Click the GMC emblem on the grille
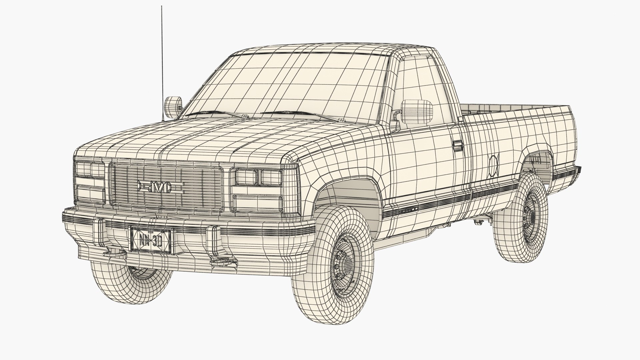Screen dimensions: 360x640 (161, 188)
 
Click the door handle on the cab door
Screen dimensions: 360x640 (458, 146)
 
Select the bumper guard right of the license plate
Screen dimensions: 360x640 (213, 237)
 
